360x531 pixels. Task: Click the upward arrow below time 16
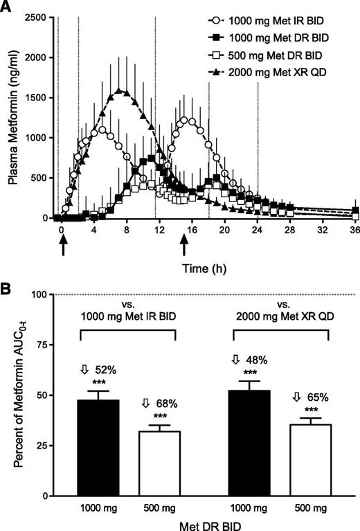pyautogui.click(x=184, y=245)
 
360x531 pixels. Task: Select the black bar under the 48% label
pyautogui.click(x=251, y=442)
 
